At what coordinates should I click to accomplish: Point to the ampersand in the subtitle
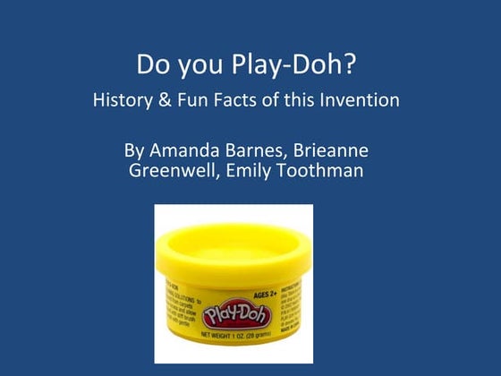172,100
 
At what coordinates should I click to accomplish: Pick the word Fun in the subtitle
201,100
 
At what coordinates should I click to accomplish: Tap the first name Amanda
187,150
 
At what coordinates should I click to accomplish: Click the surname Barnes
262,150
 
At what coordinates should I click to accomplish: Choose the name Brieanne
335,150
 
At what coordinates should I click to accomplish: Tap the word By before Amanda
134,150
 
